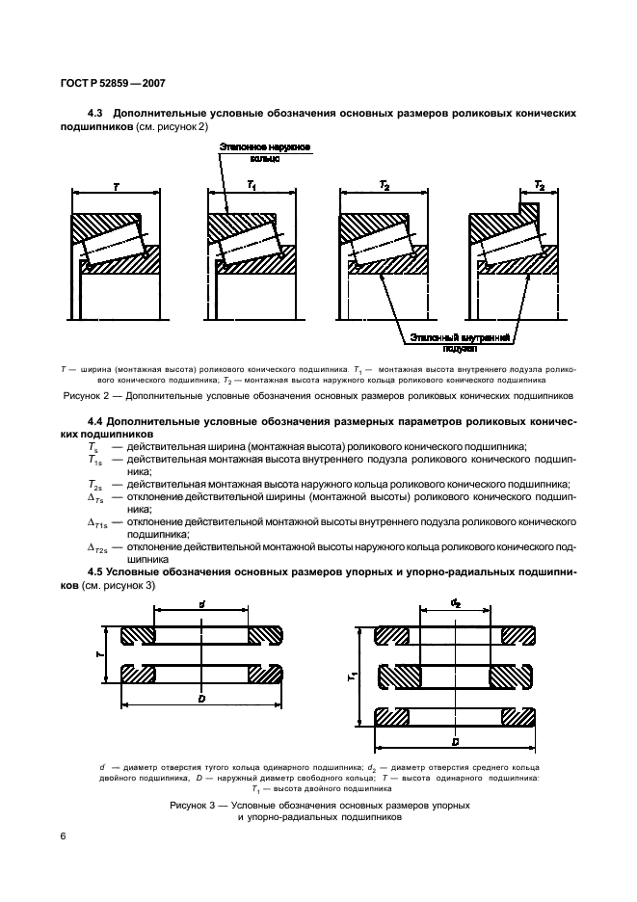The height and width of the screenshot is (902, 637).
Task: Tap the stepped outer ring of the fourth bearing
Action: [501, 224]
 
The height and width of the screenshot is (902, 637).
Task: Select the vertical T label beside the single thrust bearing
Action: [101, 652]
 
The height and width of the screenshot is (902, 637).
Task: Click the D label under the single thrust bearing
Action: [201, 698]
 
